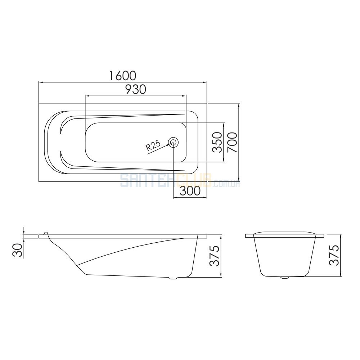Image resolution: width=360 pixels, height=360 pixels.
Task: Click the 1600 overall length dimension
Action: coord(122,76)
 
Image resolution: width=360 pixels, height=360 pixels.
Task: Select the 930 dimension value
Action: coord(136,89)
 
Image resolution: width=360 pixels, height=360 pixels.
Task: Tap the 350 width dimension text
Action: coord(217,142)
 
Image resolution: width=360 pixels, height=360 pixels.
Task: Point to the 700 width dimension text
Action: coord(232,142)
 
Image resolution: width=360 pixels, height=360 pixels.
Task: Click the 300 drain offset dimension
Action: coord(190,191)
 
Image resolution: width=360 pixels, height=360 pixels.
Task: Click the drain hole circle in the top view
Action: coord(173,143)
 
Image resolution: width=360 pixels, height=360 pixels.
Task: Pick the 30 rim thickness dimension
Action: coord(18,250)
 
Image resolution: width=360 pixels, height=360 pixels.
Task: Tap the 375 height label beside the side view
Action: coord(215,256)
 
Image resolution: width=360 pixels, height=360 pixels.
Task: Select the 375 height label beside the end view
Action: coord(334,255)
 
